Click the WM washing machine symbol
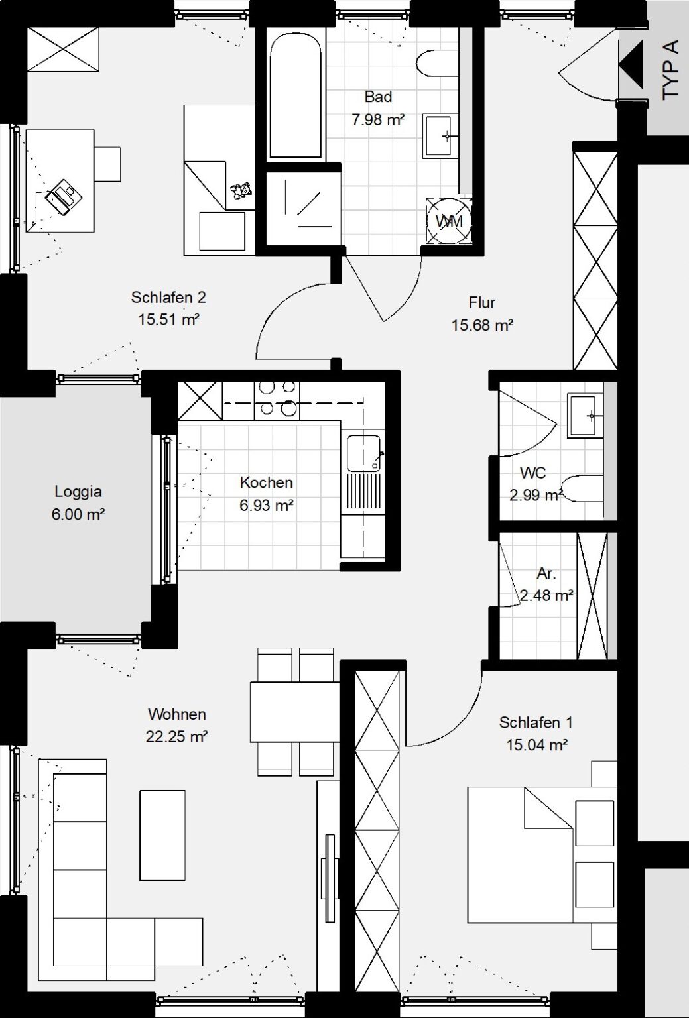[450, 221]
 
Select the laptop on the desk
[64, 196]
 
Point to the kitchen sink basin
[363, 453]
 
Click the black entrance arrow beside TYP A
[631, 64]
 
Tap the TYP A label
[670, 70]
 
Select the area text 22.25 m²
[176, 737]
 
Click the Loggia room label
[78, 491]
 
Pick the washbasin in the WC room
[585, 416]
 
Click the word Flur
[481, 302]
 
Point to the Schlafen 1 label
[536, 722]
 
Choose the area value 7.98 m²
[378, 120]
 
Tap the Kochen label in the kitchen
[266, 482]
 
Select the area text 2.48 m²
[546, 595]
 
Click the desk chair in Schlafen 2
[107, 164]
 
